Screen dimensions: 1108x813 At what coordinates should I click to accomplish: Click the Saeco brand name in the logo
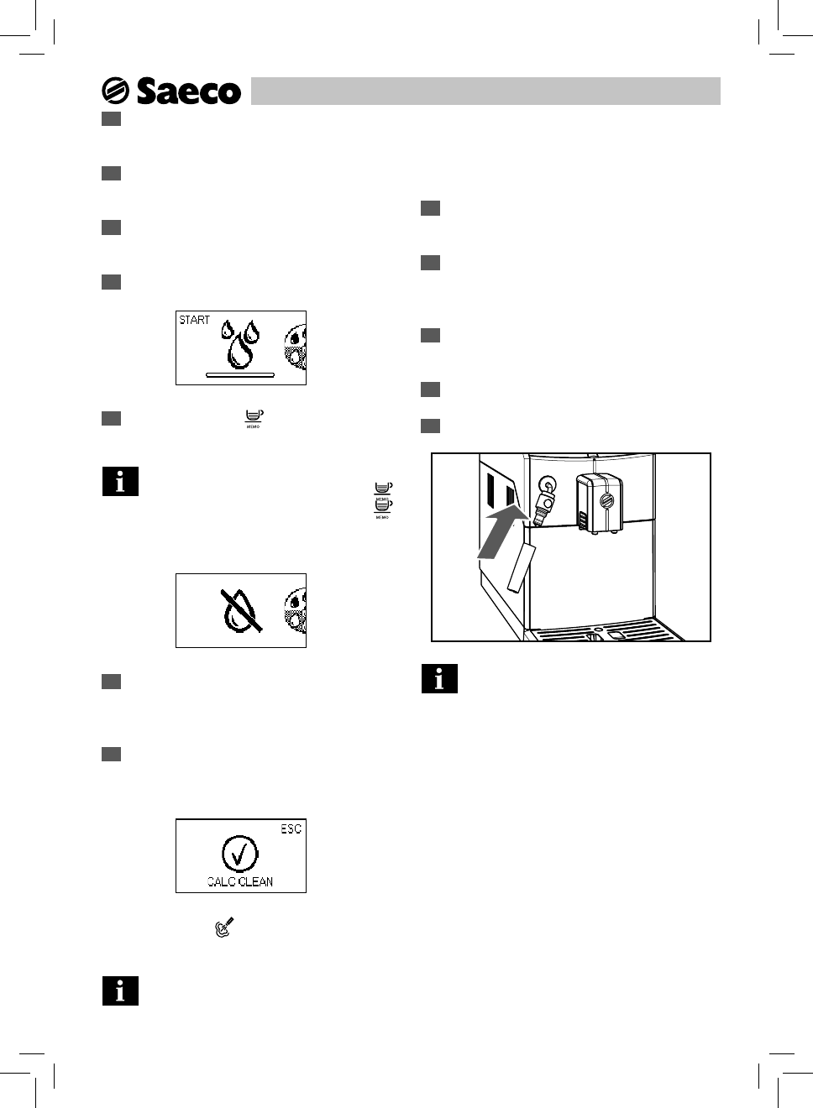point(188,91)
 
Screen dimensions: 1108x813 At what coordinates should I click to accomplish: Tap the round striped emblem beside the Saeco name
point(115,91)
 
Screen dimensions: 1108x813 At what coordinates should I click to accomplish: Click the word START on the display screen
point(195,320)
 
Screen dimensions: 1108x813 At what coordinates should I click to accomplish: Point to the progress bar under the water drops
point(240,374)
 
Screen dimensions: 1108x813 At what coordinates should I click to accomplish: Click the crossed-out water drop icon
point(241,610)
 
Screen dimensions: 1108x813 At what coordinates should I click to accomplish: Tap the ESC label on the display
point(291,829)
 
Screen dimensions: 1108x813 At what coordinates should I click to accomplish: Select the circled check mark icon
point(240,854)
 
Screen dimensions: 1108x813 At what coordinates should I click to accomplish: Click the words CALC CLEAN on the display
point(240,881)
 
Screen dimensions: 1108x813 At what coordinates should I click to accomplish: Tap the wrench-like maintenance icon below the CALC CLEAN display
point(223,928)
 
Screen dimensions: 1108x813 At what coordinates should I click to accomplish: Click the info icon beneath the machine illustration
point(439,679)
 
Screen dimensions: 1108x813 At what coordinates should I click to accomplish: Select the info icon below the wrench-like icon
point(120,991)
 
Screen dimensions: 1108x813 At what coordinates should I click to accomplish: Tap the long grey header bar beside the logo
point(485,91)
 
